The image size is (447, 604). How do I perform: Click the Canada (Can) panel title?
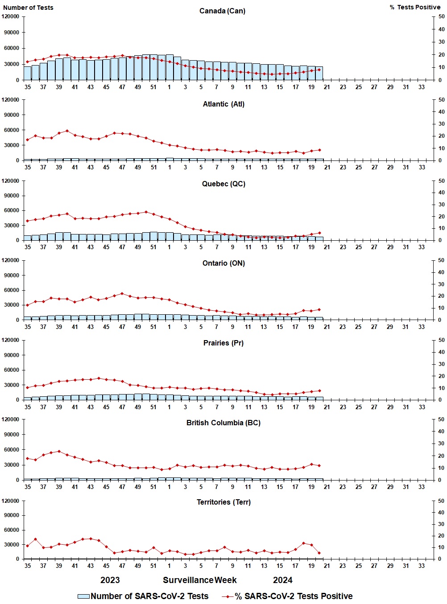222,11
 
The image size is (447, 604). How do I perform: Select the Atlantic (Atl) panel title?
223,104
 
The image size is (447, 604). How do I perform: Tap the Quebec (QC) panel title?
223,184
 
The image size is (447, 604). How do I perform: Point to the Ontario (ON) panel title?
223,263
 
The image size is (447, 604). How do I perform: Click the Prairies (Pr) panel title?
223,343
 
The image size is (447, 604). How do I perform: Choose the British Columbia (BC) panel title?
223,423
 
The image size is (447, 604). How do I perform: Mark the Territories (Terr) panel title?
223,502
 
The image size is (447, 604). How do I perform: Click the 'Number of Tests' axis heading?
28,8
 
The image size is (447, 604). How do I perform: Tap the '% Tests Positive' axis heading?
415,7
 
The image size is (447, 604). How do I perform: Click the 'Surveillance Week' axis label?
199,580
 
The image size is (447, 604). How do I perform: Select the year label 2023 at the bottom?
110,580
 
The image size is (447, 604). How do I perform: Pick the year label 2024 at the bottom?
282,580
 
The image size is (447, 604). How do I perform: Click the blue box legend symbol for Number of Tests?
83,596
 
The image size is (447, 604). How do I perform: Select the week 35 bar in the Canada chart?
28,73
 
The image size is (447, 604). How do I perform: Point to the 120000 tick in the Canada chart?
11,16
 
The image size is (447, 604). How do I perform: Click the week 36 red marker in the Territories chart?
35,539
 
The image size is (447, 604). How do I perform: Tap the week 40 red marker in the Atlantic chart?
67,131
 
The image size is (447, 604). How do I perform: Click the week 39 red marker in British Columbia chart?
59,451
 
